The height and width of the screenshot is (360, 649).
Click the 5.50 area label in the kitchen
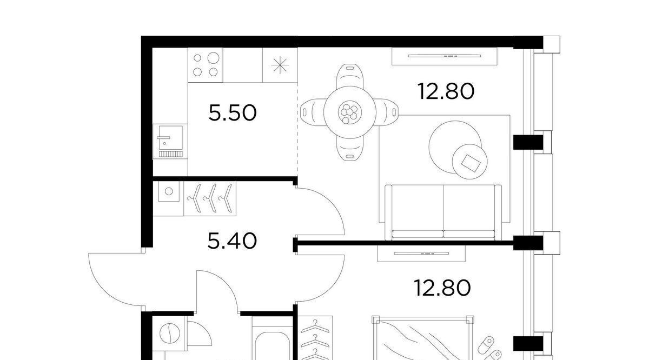pyautogui.click(x=233, y=113)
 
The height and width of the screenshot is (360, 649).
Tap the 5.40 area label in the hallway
pyautogui.click(x=232, y=241)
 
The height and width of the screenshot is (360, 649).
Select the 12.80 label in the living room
pyautogui.click(x=446, y=91)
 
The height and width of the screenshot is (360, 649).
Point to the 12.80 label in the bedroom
pyautogui.click(x=442, y=288)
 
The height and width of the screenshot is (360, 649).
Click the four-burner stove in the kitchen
pyautogui.click(x=206, y=65)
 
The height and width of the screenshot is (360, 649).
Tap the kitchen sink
pyautogui.click(x=170, y=141)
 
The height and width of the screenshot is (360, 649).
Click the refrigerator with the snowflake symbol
pyautogui.click(x=280, y=65)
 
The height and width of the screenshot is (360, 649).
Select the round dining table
pyautogui.click(x=350, y=112)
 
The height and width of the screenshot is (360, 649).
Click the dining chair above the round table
pyautogui.click(x=350, y=76)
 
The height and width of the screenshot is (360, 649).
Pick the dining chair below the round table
pyautogui.click(x=350, y=148)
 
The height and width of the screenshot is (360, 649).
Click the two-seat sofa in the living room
pyautogui.click(x=443, y=212)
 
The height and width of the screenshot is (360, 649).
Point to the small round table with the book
pyautogui.click(x=469, y=162)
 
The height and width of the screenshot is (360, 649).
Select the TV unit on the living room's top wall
pyautogui.click(x=445, y=56)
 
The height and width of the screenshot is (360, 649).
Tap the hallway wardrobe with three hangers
pyautogui.click(x=210, y=198)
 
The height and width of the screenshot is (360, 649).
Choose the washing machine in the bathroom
pyautogui.click(x=169, y=334)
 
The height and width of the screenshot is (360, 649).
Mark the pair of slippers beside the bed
pyautogui.click(x=489, y=349)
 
